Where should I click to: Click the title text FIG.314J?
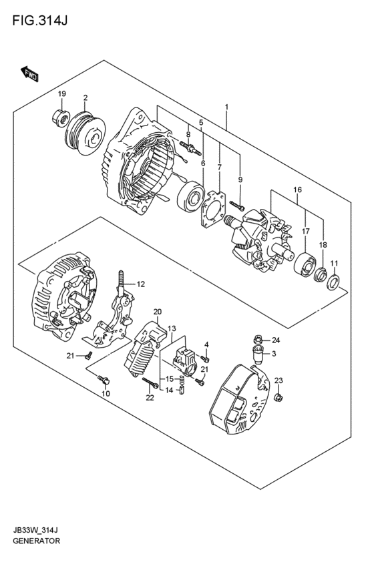[x=40, y=21]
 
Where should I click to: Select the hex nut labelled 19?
[x=61, y=117]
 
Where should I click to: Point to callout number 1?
[x=226, y=107]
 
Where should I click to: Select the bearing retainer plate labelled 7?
[x=213, y=210]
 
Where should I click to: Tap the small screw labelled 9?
[x=237, y=206]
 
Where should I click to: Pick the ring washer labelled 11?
[x=333, y=282]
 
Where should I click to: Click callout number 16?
[x=298, y=190]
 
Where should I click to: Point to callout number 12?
[x=141, y=284]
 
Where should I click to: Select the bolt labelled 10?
[x=104, y=380]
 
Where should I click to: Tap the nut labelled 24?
[x=258, y=340]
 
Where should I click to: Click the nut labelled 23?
[x=279, y=397]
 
